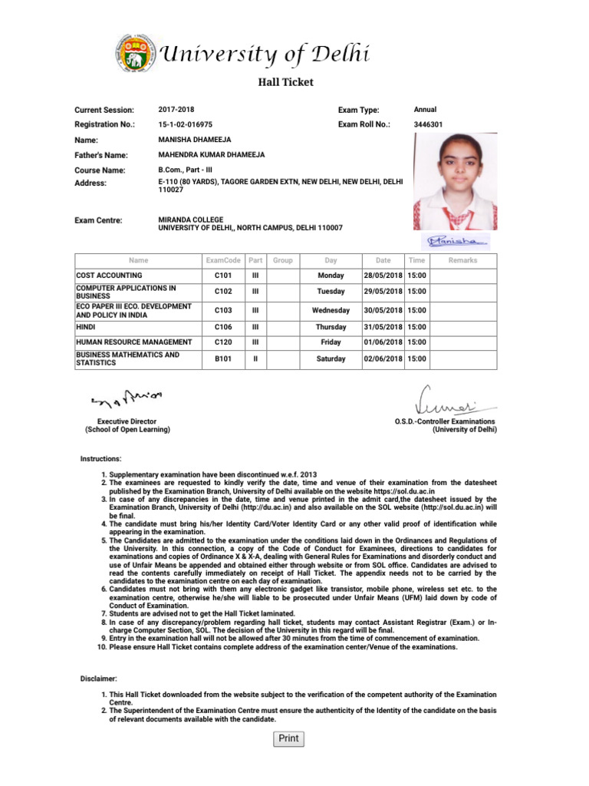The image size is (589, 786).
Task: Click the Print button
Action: click(x=288, y=738)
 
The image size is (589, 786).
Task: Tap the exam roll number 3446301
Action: click(x=427, y=124)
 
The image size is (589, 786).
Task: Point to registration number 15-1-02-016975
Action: click(x=186, y=124)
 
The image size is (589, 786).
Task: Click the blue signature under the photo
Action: click(x=458, y=240)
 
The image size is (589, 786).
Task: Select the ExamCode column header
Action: click(x=224, y=260)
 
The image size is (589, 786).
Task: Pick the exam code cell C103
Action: click(x=224, y=310)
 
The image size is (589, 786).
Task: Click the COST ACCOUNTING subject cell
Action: click(x=109, y=275)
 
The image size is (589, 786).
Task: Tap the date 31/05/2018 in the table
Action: click(x=383, y=326)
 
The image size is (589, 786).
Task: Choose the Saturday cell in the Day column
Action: click(x=331, y=358)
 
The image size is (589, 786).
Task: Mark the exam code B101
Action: click(x=224, y=358)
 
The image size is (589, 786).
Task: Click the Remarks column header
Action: click(x=462, y=260)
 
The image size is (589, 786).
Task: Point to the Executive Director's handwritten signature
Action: click(x=127, y=398)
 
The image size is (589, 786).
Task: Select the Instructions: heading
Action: click(x=100, y=458)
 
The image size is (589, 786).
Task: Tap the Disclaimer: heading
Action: click(x=99, y=679)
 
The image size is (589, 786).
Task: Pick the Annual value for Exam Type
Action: click(x=425, y=110)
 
